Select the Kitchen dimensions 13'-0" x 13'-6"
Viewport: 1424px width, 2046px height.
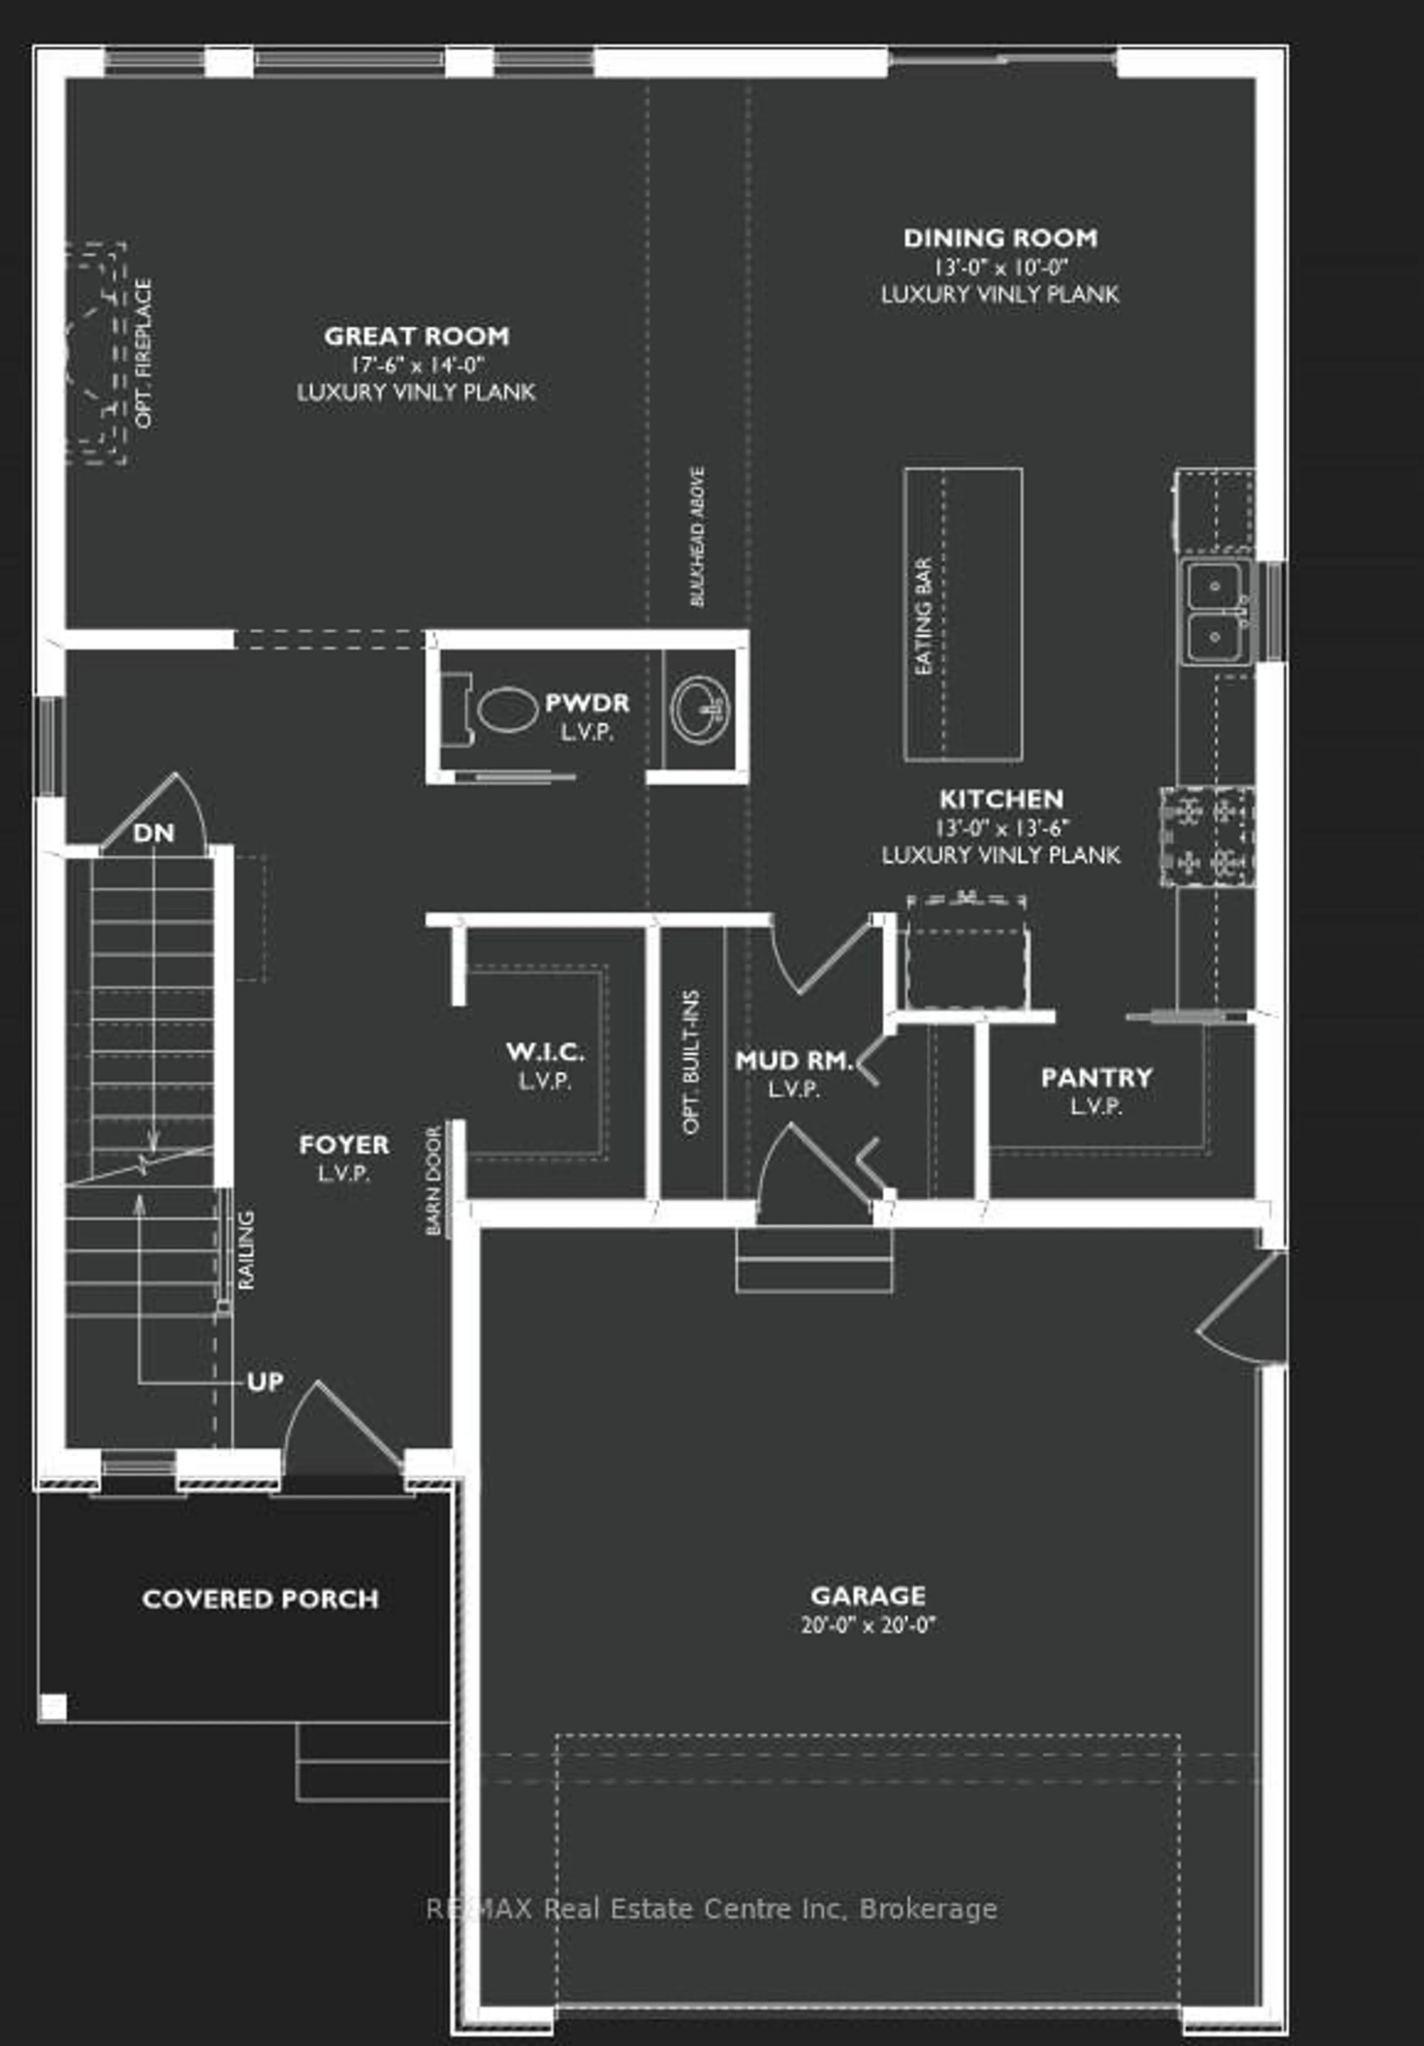tap(1001, 828)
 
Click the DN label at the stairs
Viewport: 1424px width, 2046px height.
tap(153, 833)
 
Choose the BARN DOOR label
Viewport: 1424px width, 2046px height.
tap(434, 1181)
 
